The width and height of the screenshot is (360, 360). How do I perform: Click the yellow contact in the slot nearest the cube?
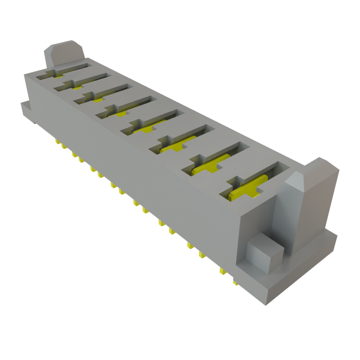pyautogui.click(x=246, y=190)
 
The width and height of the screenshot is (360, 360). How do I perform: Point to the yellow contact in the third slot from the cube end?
pyautogui.click(x=179, y=144)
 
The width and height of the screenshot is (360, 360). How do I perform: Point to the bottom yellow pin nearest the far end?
pyautogui.click(x=56, y=142)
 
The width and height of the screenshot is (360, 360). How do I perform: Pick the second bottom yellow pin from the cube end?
pyautogui.click(x=222, y=271)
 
